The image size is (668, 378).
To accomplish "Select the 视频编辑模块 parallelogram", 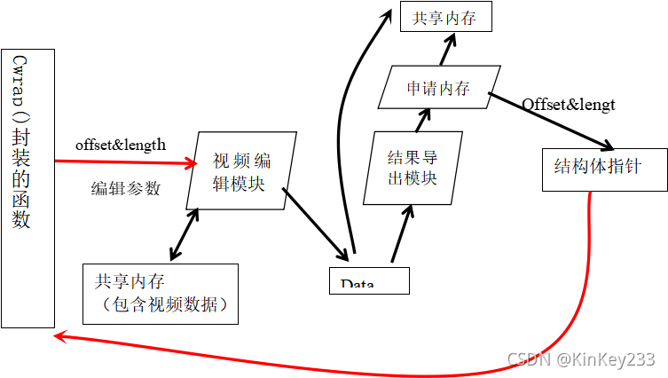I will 241,170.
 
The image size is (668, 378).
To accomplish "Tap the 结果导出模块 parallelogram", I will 414,168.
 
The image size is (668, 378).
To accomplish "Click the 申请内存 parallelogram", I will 438,89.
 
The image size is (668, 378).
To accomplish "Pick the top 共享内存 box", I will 445,17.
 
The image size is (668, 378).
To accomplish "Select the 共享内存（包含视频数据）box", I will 161,293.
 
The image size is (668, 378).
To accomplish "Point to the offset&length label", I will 121,145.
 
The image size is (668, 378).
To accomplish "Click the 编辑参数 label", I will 126,188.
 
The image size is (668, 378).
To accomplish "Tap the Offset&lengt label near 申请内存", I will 568,105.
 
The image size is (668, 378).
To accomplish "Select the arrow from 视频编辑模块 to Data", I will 315,223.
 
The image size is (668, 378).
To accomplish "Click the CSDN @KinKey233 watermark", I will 580,358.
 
